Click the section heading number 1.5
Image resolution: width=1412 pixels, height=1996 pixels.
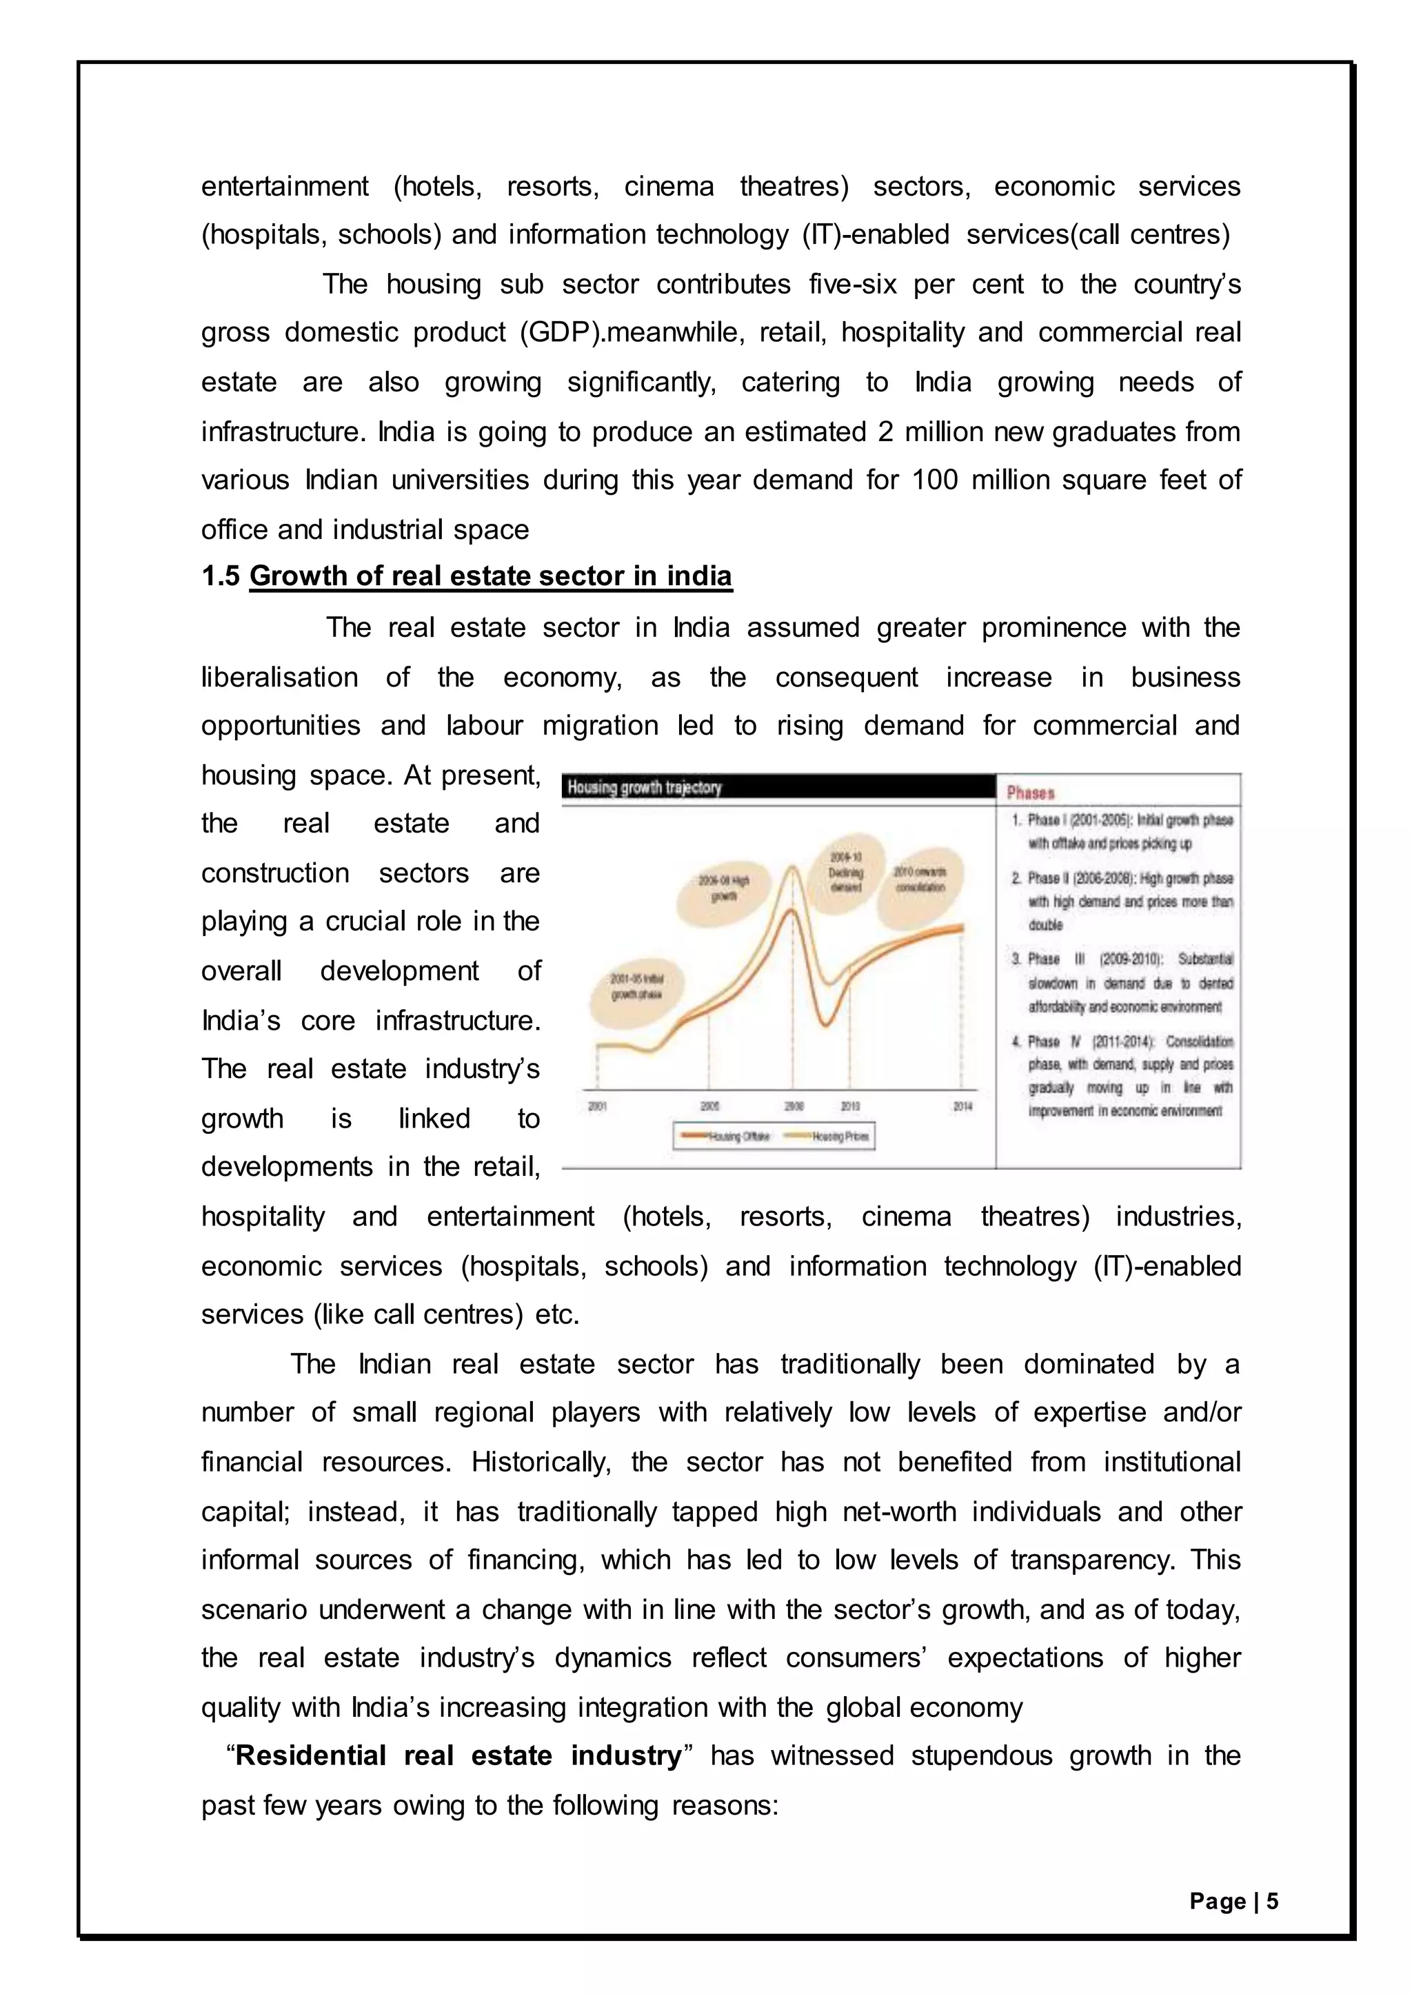220,576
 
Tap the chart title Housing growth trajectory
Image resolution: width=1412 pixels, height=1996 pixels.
644,788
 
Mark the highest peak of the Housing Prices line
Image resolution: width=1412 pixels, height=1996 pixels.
792,867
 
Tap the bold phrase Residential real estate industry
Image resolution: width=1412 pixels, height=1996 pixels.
458,1756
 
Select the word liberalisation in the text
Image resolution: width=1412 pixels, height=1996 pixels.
279,678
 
